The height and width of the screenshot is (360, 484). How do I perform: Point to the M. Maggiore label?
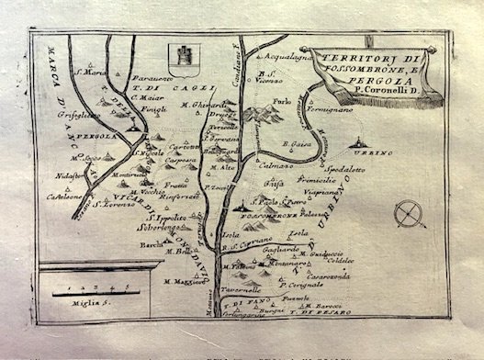(183, 281)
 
